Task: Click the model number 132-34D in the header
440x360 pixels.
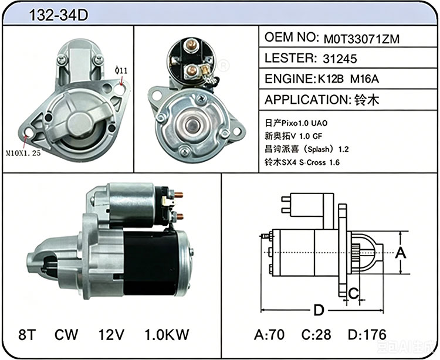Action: click(x=58, y=15)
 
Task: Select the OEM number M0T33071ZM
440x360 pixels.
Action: click(x=361, y=39)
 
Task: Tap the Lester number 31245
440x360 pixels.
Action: click(x=340, y=59)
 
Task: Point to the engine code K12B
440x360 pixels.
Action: click(x=330, y=79)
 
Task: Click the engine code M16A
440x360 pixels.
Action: click(x=364, y=79)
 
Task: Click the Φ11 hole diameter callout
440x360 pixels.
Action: click(x=121, y=70)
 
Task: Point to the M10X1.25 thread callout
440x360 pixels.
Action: click(x=23, y=153)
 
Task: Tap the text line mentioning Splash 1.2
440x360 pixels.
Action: click(x=306, y=149)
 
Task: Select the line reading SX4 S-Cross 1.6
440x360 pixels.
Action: click(x=302, y=162)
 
